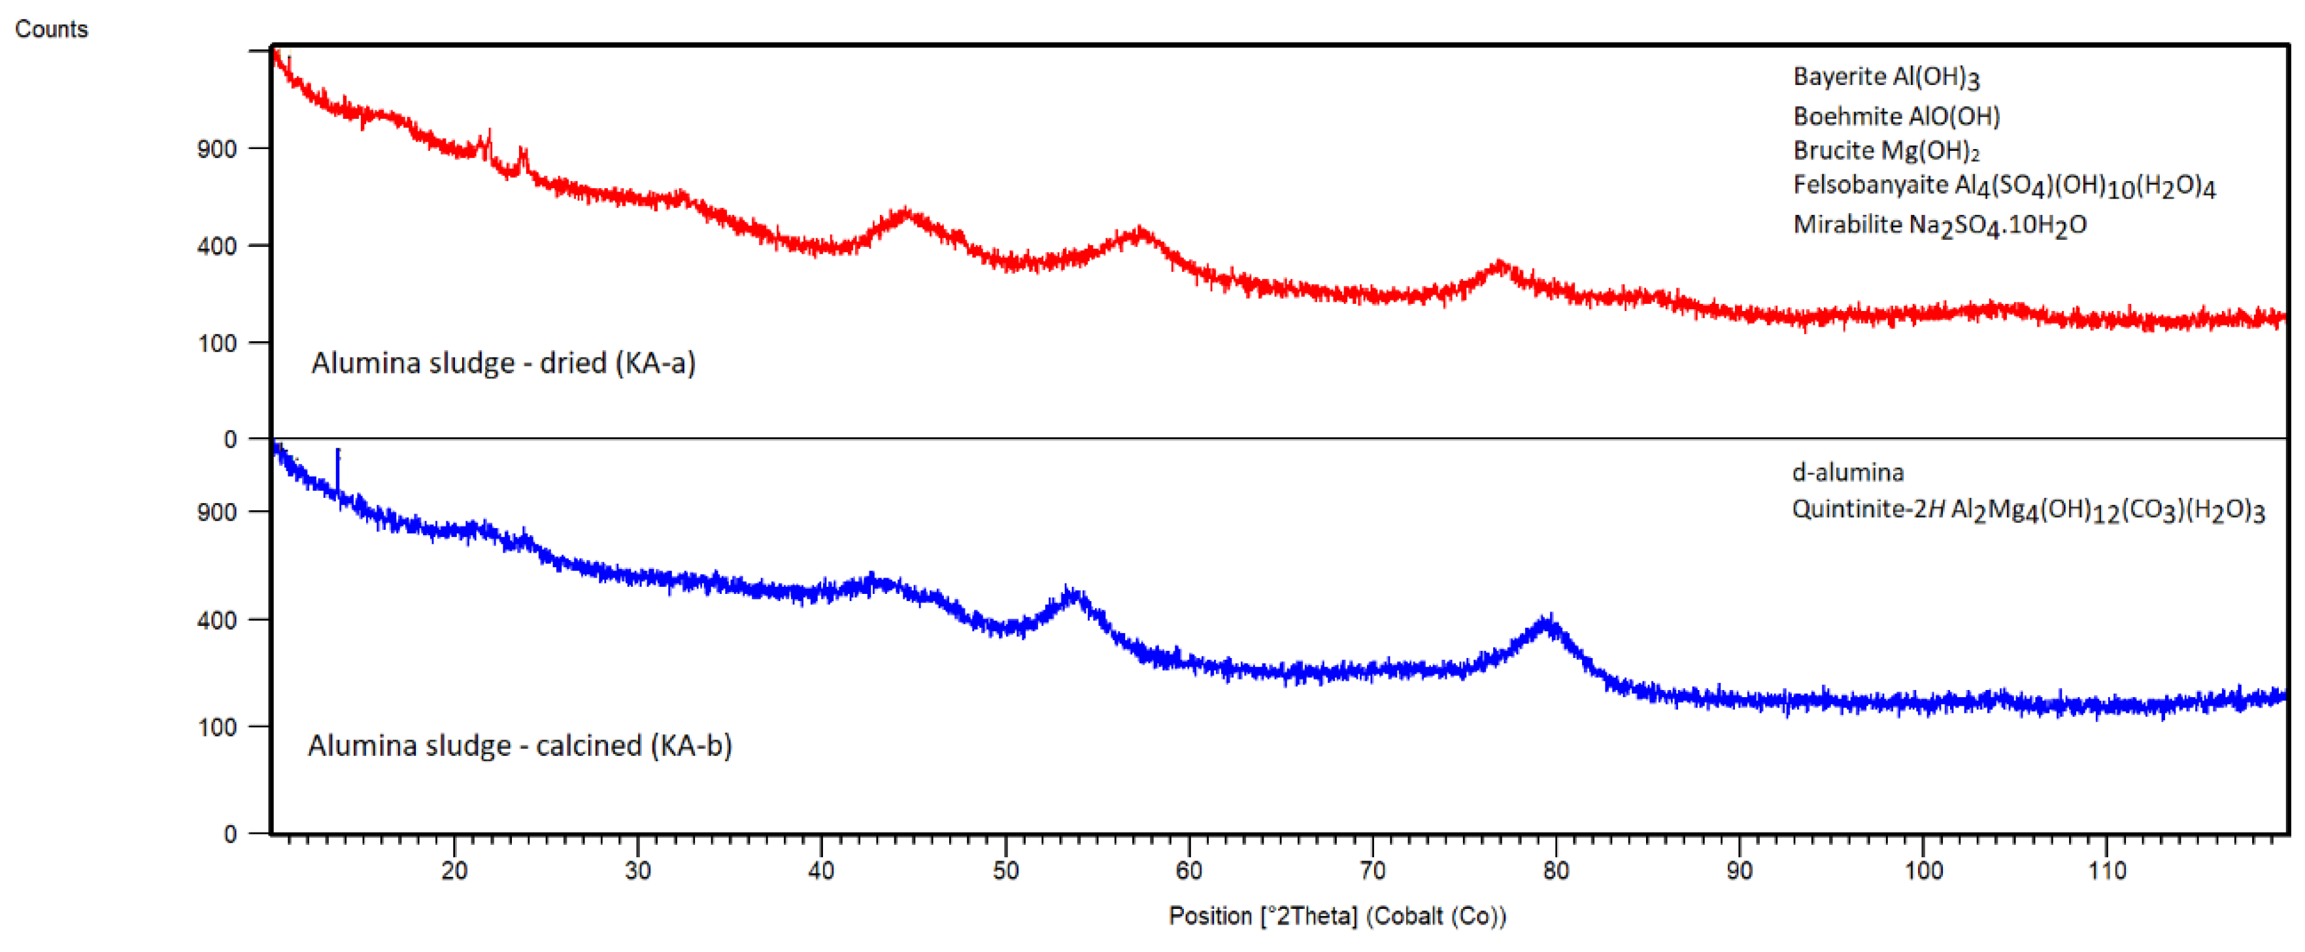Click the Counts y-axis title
51,29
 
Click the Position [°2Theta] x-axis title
1337,916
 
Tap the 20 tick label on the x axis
454,870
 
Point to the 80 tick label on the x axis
1556,870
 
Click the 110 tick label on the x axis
2106,870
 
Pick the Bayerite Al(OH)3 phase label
1886,77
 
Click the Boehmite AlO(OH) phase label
1896,116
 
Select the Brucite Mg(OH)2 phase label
1886,150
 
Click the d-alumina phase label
1848,472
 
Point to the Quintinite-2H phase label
2028,510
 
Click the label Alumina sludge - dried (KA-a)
503,363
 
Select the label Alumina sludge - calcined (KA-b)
520,746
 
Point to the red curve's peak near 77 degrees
1500,267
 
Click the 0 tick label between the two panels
230,439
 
